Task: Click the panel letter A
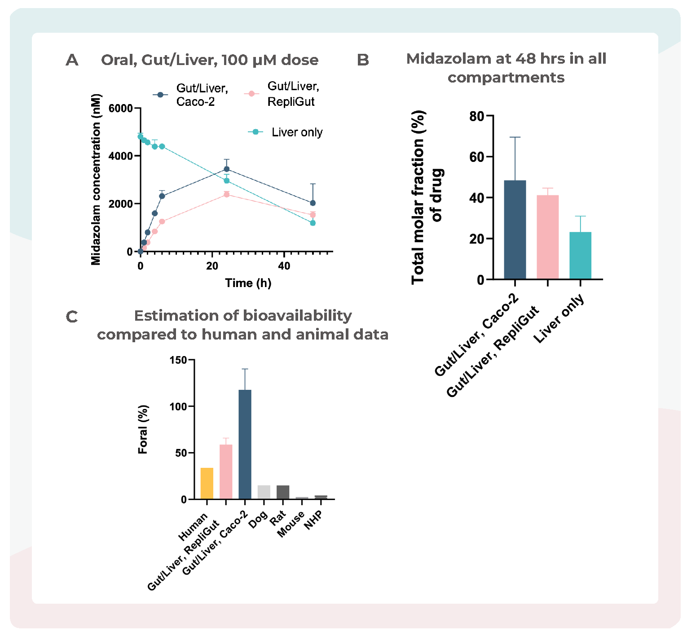(72, 60)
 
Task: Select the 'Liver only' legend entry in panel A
(296, 132)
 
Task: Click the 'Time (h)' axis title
(248, 283)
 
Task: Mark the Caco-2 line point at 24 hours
(227, 169)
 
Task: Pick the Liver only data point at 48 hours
(313, 223)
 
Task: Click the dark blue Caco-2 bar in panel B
(515, 230)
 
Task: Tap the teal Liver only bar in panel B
(580, 255)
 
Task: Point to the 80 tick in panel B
(477, 117)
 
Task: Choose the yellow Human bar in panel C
(207, 483)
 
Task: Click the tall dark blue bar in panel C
(245, 444)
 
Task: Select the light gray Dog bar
(264, 492)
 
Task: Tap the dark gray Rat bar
(283, 492)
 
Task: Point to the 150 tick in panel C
(179, 360)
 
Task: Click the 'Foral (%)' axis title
(143, 429)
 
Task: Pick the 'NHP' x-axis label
(313, 520)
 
